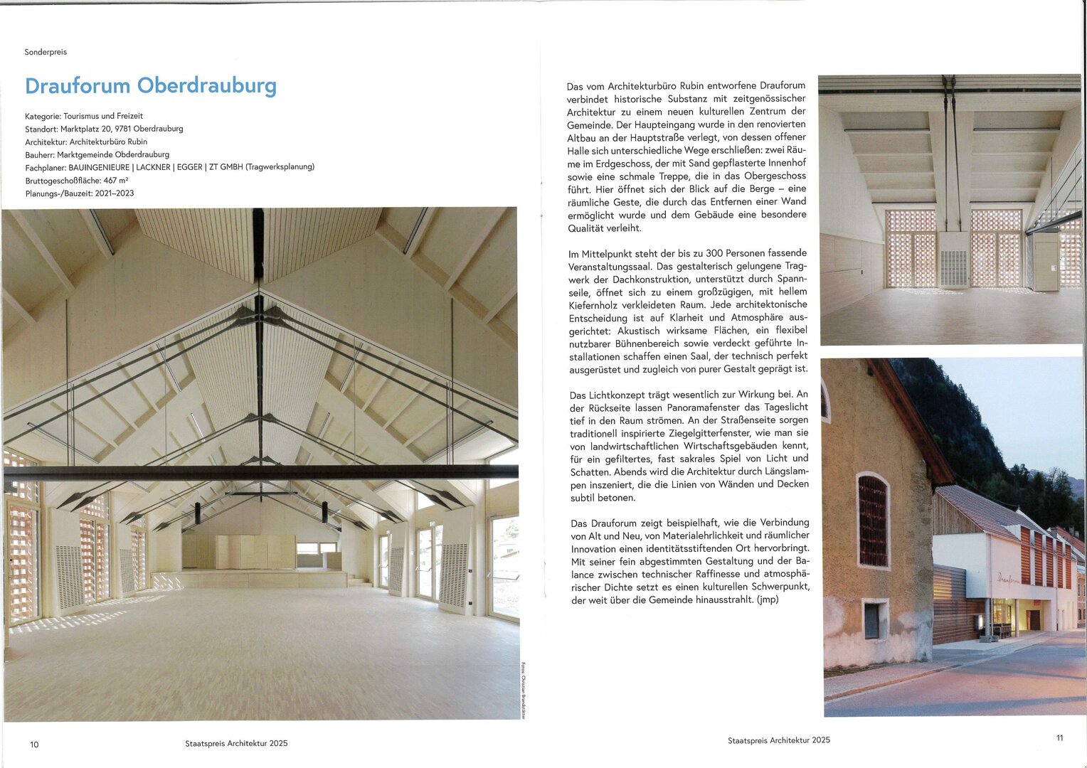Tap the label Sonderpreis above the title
46,52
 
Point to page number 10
34,745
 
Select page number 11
1059,738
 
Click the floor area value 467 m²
116,181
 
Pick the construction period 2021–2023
115,193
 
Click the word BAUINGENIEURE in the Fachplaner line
99,167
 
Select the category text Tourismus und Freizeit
103,116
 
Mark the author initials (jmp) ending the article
768,599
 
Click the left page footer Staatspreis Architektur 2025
236,743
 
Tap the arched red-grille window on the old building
873,521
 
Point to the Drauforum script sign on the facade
1008,578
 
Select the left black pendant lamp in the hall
197,513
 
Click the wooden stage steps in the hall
358,580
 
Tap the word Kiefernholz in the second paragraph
595,305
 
